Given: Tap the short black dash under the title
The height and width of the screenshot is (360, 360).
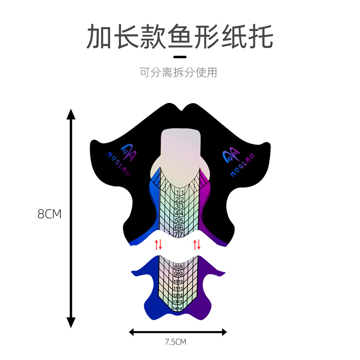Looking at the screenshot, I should click(x=180, y=57).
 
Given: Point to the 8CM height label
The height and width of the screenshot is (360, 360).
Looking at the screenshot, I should click(x=49, y=214).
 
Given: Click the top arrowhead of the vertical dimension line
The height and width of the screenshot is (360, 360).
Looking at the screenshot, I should click(x=71, y=112).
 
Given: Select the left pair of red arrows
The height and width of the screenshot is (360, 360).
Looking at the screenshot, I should click(x=158, y=245).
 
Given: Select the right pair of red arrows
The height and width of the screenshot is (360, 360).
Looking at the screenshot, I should click(x=197, y=245).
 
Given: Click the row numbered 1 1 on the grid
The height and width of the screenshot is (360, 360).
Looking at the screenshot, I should click(x=179, y=193).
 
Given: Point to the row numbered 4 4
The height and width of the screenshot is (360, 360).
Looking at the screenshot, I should click(x=179, y=213).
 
